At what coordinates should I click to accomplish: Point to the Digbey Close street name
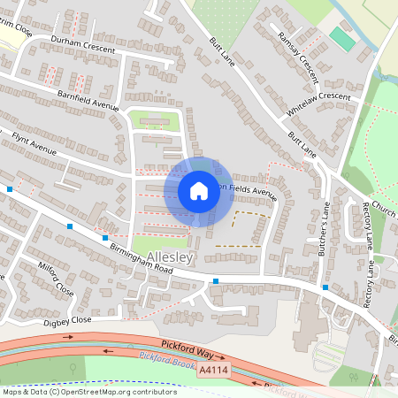coord(69,320)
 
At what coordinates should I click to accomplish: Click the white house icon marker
coord(198,190)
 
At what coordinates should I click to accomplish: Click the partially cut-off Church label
coord(383,210)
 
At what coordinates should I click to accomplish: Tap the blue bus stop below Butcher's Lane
coord(325,287)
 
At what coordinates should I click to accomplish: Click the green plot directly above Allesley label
coord(160,242)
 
